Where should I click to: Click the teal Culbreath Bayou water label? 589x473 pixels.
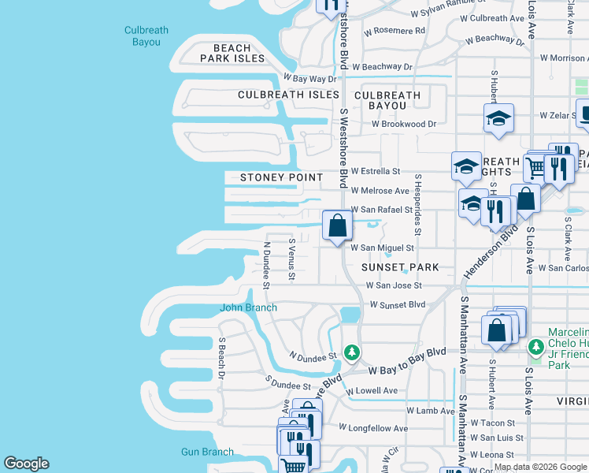pyautogui.click(x=146, y=37)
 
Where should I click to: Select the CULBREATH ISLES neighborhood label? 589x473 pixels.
pyautogui.click(x=287, y=95)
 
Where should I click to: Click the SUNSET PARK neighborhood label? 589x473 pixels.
pyautogui.click(x=400, y=267)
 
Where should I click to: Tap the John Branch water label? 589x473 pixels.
pyautogui.click(x=248, y=307)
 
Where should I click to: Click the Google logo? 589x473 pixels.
pyautogui.click(x=26, y=464)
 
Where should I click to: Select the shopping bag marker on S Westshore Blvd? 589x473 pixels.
pyautogui.click(x=337, y=225)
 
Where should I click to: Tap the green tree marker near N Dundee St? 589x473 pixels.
pyautogui.click(x=354, y=352)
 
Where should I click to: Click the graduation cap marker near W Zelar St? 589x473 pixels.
pyautogui.click(x=498, y=119)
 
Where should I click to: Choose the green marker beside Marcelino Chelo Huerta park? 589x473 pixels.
pyautogui.click(x=536, y=346)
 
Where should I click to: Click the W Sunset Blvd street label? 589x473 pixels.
pyautogui.click(x=397, y=304)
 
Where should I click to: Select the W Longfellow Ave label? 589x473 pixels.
pyautogui.click(x=373, y=428)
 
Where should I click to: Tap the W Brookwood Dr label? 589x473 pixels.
pyautogui.click(x=404, y=124)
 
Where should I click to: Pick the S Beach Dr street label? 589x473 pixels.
pyautogui.click(x=222, y=358)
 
